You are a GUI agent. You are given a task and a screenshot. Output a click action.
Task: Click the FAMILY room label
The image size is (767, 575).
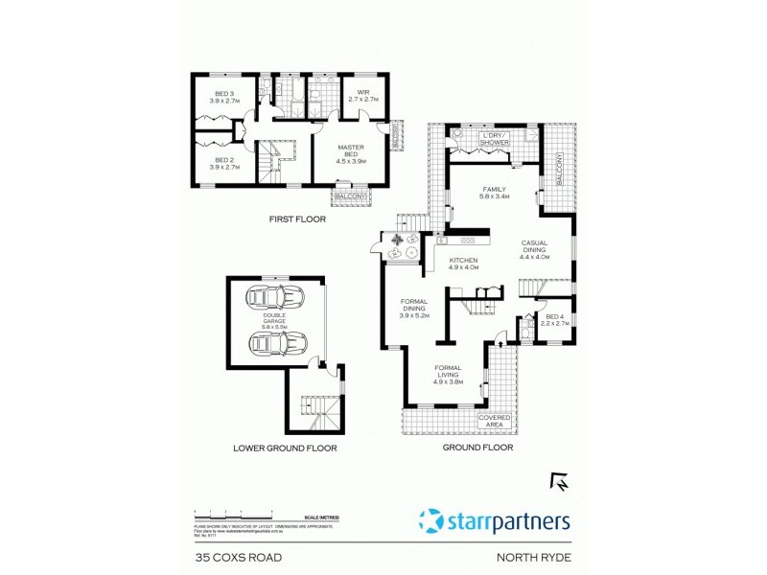(x=494, y=193)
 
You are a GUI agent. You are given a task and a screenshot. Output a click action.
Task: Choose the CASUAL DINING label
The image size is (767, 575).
(x=535, y=249)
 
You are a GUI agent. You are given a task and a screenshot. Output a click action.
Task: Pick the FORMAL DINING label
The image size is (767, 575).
(x=414, y=308)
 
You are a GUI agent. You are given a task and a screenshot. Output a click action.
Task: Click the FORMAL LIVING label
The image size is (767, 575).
(x=449, y=374)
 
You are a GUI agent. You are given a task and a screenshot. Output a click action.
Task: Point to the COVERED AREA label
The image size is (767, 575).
(x=499, y=421)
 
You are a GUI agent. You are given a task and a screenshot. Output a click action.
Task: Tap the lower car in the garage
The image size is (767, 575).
(x=276, y=341)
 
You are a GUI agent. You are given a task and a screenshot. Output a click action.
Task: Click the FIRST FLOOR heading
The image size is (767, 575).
(x=297, y=219)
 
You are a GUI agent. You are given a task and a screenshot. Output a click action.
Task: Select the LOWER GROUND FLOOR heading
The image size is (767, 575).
(x=285, y=448)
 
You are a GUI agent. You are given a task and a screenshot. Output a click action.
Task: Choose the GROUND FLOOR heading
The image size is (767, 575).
(x=477, y=448)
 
